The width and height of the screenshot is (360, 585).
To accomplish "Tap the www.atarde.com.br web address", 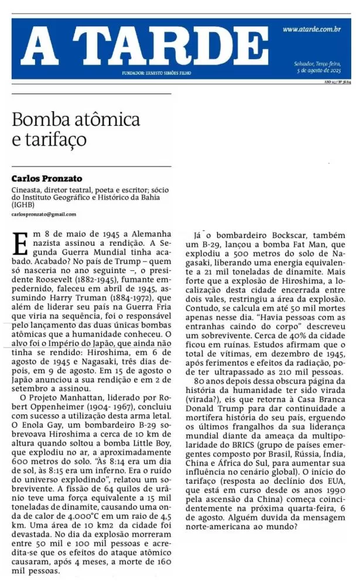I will [311, 29].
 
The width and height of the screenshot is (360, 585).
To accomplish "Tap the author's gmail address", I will [44, 215].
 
